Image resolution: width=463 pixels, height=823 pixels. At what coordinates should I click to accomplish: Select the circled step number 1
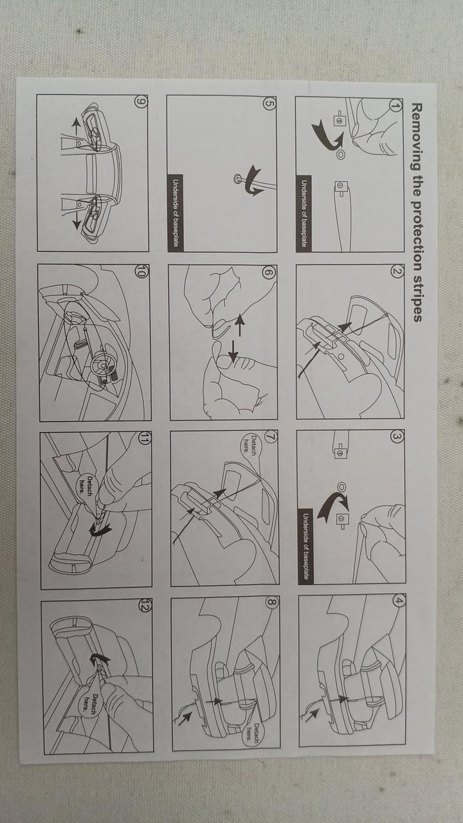(x=395, y=105)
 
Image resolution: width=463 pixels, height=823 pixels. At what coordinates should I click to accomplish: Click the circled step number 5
(x=268, y=104)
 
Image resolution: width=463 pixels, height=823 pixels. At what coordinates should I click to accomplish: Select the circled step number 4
(x=398, y=602)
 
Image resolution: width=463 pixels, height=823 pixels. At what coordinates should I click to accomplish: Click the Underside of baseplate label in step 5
(x=176, y=213)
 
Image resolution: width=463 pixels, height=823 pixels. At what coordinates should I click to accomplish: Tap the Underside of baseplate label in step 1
(x=304, y=213)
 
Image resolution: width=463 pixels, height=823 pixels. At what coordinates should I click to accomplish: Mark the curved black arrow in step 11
(x=100, y=530)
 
